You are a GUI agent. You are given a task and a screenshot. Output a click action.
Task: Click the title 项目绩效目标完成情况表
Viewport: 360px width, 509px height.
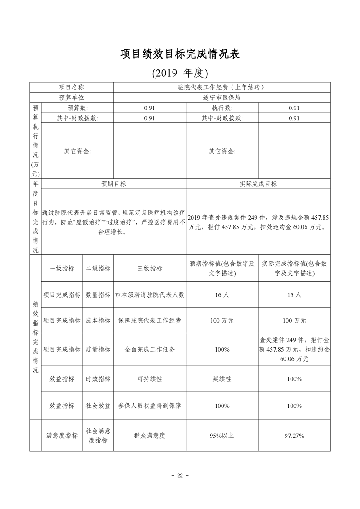(180, 54)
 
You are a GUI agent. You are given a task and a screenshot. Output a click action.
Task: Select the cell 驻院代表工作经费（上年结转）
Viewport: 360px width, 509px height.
(222, 87)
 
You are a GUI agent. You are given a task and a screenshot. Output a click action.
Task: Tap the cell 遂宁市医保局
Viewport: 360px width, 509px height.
(222, 98)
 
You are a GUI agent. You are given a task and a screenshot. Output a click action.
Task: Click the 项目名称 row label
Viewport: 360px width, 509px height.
(72, 87)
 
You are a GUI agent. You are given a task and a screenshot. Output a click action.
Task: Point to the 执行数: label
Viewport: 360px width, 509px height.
(222, 108)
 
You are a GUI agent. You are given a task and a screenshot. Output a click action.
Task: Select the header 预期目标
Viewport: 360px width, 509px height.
(113, 184)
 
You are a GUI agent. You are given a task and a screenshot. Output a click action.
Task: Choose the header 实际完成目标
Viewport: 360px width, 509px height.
(258, 184)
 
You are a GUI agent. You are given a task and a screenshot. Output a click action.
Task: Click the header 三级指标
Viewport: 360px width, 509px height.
(149, 268)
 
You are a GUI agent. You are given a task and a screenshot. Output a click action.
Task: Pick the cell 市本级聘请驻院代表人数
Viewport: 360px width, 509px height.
(149, 294)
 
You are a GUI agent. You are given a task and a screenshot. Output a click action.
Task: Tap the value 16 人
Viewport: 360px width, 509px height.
(222, 294)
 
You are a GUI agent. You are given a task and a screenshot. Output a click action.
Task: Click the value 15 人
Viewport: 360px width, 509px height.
(294, 294)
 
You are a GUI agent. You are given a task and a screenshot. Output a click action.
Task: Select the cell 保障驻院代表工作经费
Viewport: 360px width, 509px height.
(149, 320)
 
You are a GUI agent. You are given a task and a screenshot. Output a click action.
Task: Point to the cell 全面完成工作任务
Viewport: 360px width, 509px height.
(149, 349)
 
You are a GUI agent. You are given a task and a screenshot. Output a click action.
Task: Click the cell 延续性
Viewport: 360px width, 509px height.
(222, 378)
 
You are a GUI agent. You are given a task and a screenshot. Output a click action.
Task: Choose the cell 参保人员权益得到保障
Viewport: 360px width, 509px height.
(149, 406)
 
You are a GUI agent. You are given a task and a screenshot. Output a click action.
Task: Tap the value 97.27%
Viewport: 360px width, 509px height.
(294, 436)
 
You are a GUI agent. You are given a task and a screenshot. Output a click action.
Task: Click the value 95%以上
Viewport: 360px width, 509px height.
(222, 436)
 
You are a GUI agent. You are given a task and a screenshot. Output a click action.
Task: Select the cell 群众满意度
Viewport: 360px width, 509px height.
(149, 436)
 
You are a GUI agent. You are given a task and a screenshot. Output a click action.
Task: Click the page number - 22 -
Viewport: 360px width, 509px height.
(180, 475)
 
